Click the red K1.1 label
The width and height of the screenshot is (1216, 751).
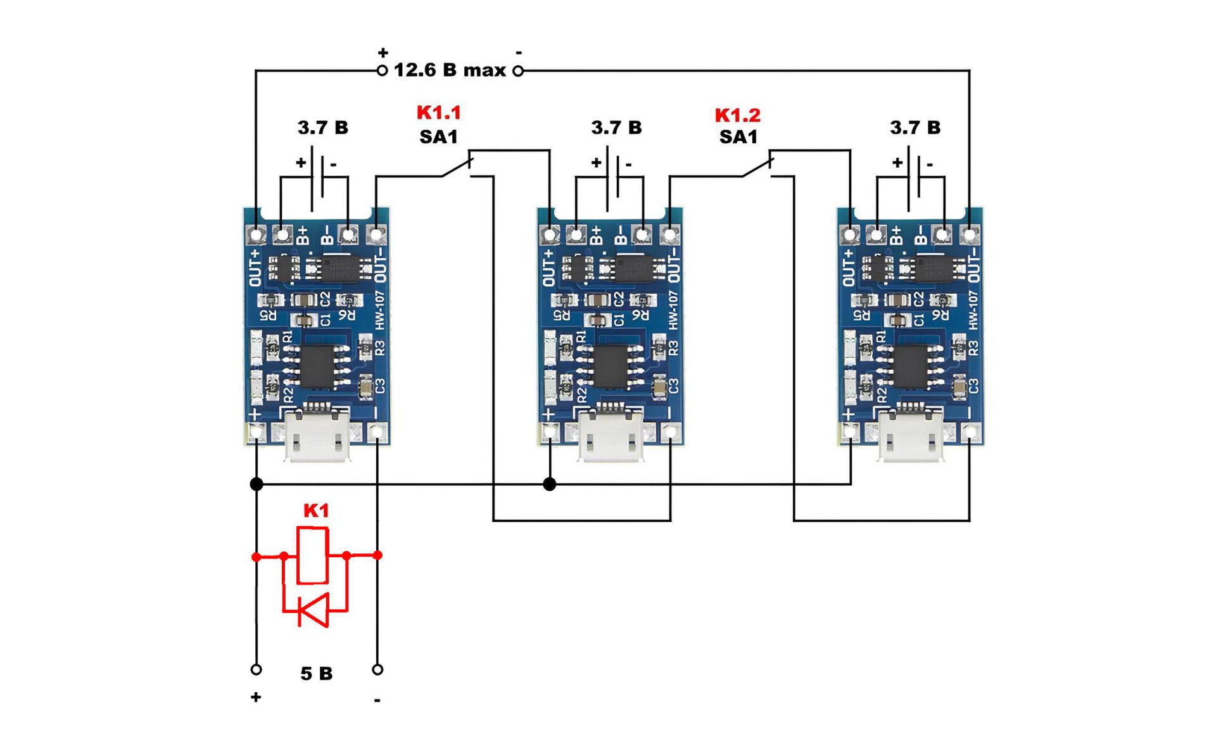pos(438,113)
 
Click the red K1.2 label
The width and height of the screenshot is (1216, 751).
pos(737,115)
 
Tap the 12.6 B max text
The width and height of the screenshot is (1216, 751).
pos(450,70)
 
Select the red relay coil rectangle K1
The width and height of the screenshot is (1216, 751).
pos(312,555)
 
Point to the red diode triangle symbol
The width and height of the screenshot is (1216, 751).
pos(313,610)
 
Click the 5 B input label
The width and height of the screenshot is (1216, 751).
pos(316,673)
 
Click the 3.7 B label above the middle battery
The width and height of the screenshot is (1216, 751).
pos(616,128)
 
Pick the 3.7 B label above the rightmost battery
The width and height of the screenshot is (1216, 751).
pos(915,128)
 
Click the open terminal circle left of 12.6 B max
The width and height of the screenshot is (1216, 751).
pos(382,71)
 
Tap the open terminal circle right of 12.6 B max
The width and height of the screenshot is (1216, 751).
pos(518,71)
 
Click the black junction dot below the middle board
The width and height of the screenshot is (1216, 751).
pos(550,484)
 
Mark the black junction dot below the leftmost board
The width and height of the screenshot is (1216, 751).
pos(256,484)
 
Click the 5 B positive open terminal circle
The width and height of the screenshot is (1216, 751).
pos(256,669)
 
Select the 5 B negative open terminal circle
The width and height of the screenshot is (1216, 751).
pos(377,669)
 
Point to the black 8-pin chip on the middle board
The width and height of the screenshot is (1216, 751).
pos(611,365)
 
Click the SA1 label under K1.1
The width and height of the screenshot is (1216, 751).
pos(438,137)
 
